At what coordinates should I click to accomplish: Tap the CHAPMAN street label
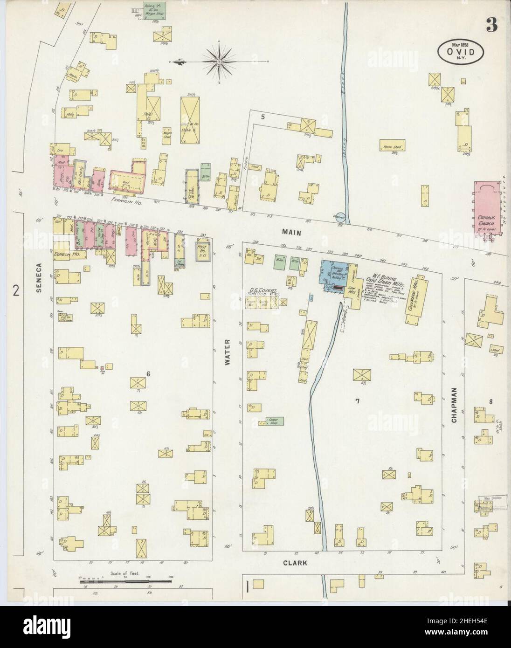click(453, 406)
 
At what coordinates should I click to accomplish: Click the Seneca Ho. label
click(66, 255)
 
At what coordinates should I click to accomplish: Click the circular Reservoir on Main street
click(340, 217)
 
